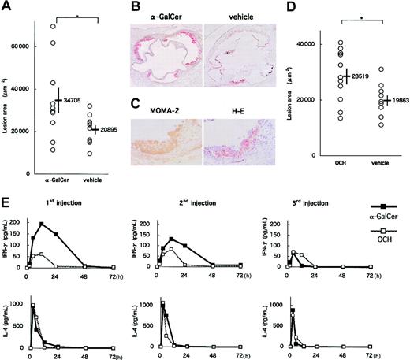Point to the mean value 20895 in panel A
110,129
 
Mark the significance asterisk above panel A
84,13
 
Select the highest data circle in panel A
53,27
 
